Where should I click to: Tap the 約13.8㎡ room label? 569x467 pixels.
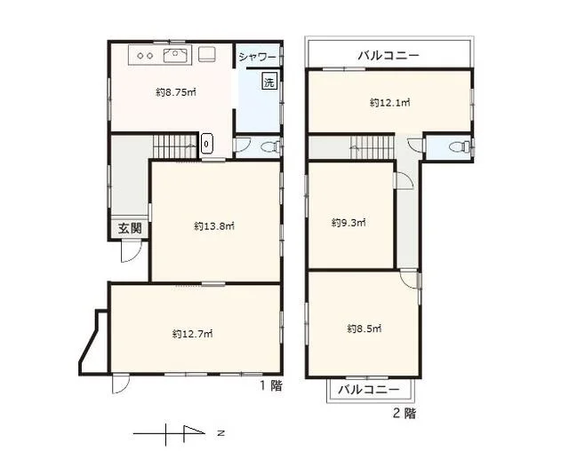(213, 226)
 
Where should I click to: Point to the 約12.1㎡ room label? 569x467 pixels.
(389, 103)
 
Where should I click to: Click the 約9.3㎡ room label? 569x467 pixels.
(349, 222)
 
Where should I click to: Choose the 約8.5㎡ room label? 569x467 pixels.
(364, 328)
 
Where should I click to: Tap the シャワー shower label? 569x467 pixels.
(258, 57)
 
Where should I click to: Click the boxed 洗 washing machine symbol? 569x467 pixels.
(268, 83)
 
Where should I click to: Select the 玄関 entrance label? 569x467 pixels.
(129, 228)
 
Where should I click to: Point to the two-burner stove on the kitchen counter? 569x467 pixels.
(144, 55)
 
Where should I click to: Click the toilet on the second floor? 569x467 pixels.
(461, 146)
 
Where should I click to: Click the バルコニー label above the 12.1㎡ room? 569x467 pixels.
(389, 55)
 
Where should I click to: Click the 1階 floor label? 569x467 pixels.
(270, 385)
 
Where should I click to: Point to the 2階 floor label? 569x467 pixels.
(404, 413)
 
